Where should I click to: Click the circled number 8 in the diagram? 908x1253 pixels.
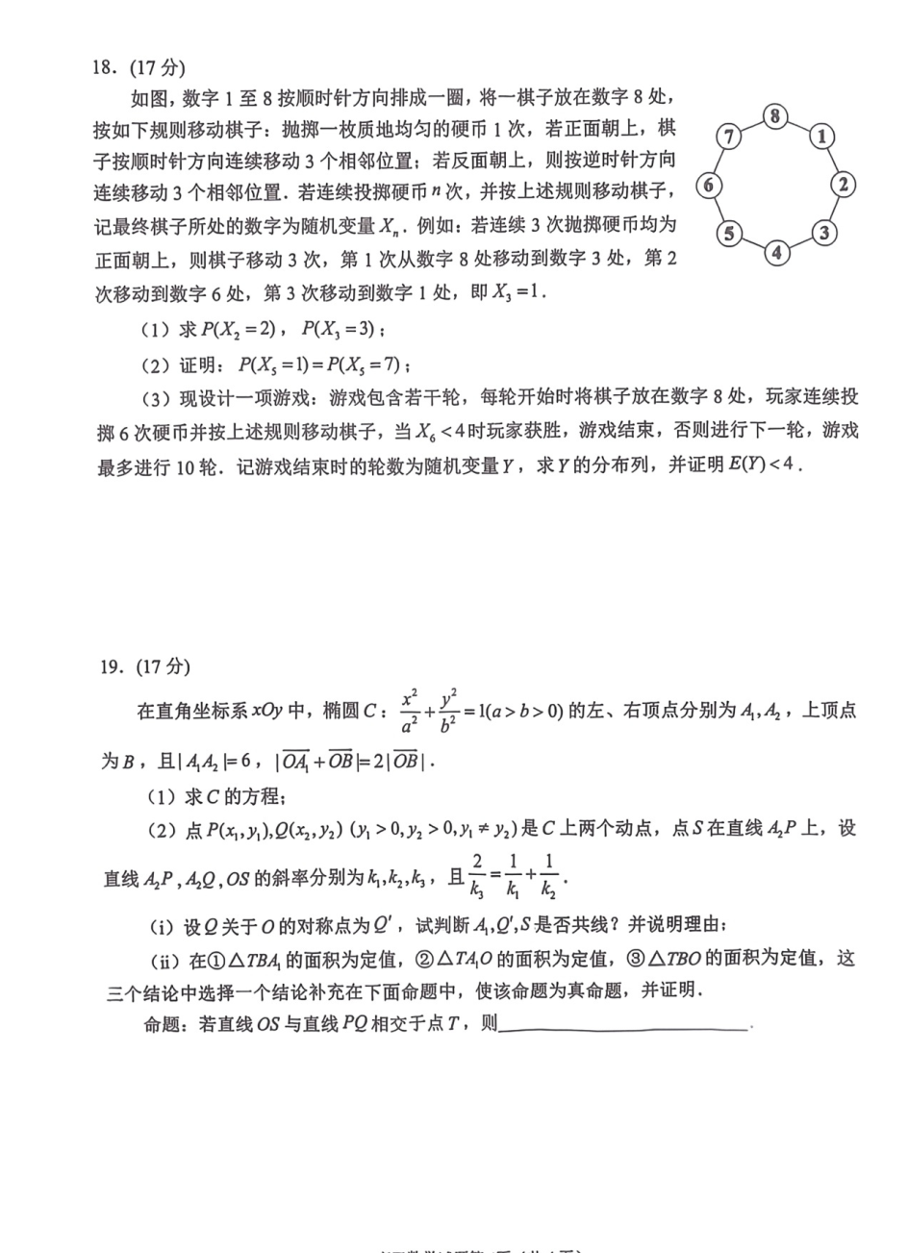pyautogui.click(x=775, y=117)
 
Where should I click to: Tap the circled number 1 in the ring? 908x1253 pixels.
pyautogui.click(x=821, y=137)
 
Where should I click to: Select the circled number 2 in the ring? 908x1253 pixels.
pyautogui.click(x=843, y=184)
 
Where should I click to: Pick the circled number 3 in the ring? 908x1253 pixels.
pyautogui.click(x=822, y=232)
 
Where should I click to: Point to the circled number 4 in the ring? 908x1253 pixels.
pyautogui.click(x=776, y=252)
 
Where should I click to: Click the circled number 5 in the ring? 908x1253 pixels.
pyautogui.click(x=729, y=233)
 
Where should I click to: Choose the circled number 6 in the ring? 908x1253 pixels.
pyautogui.click(x=709, y=184)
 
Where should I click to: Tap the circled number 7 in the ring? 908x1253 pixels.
pyautogui.click(x=729, y=137)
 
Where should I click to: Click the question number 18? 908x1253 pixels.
pyautogui.click(x=105, y=68)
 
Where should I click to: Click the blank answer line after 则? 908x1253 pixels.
pyautogui.click(x=624, y=1028)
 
